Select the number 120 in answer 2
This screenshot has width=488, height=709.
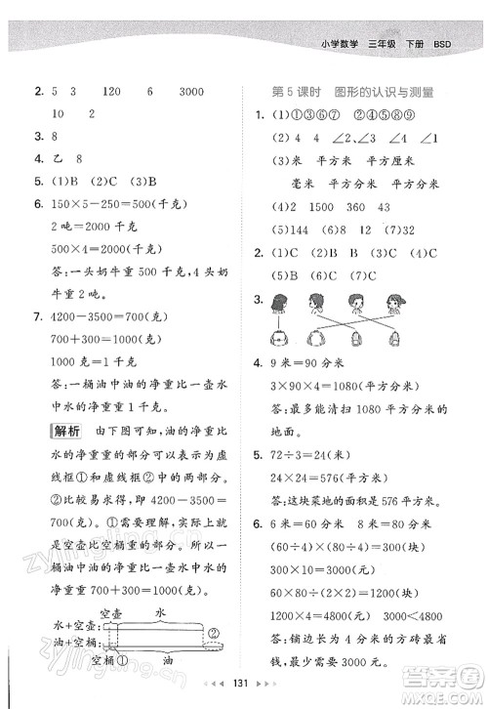tap(110, 92)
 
